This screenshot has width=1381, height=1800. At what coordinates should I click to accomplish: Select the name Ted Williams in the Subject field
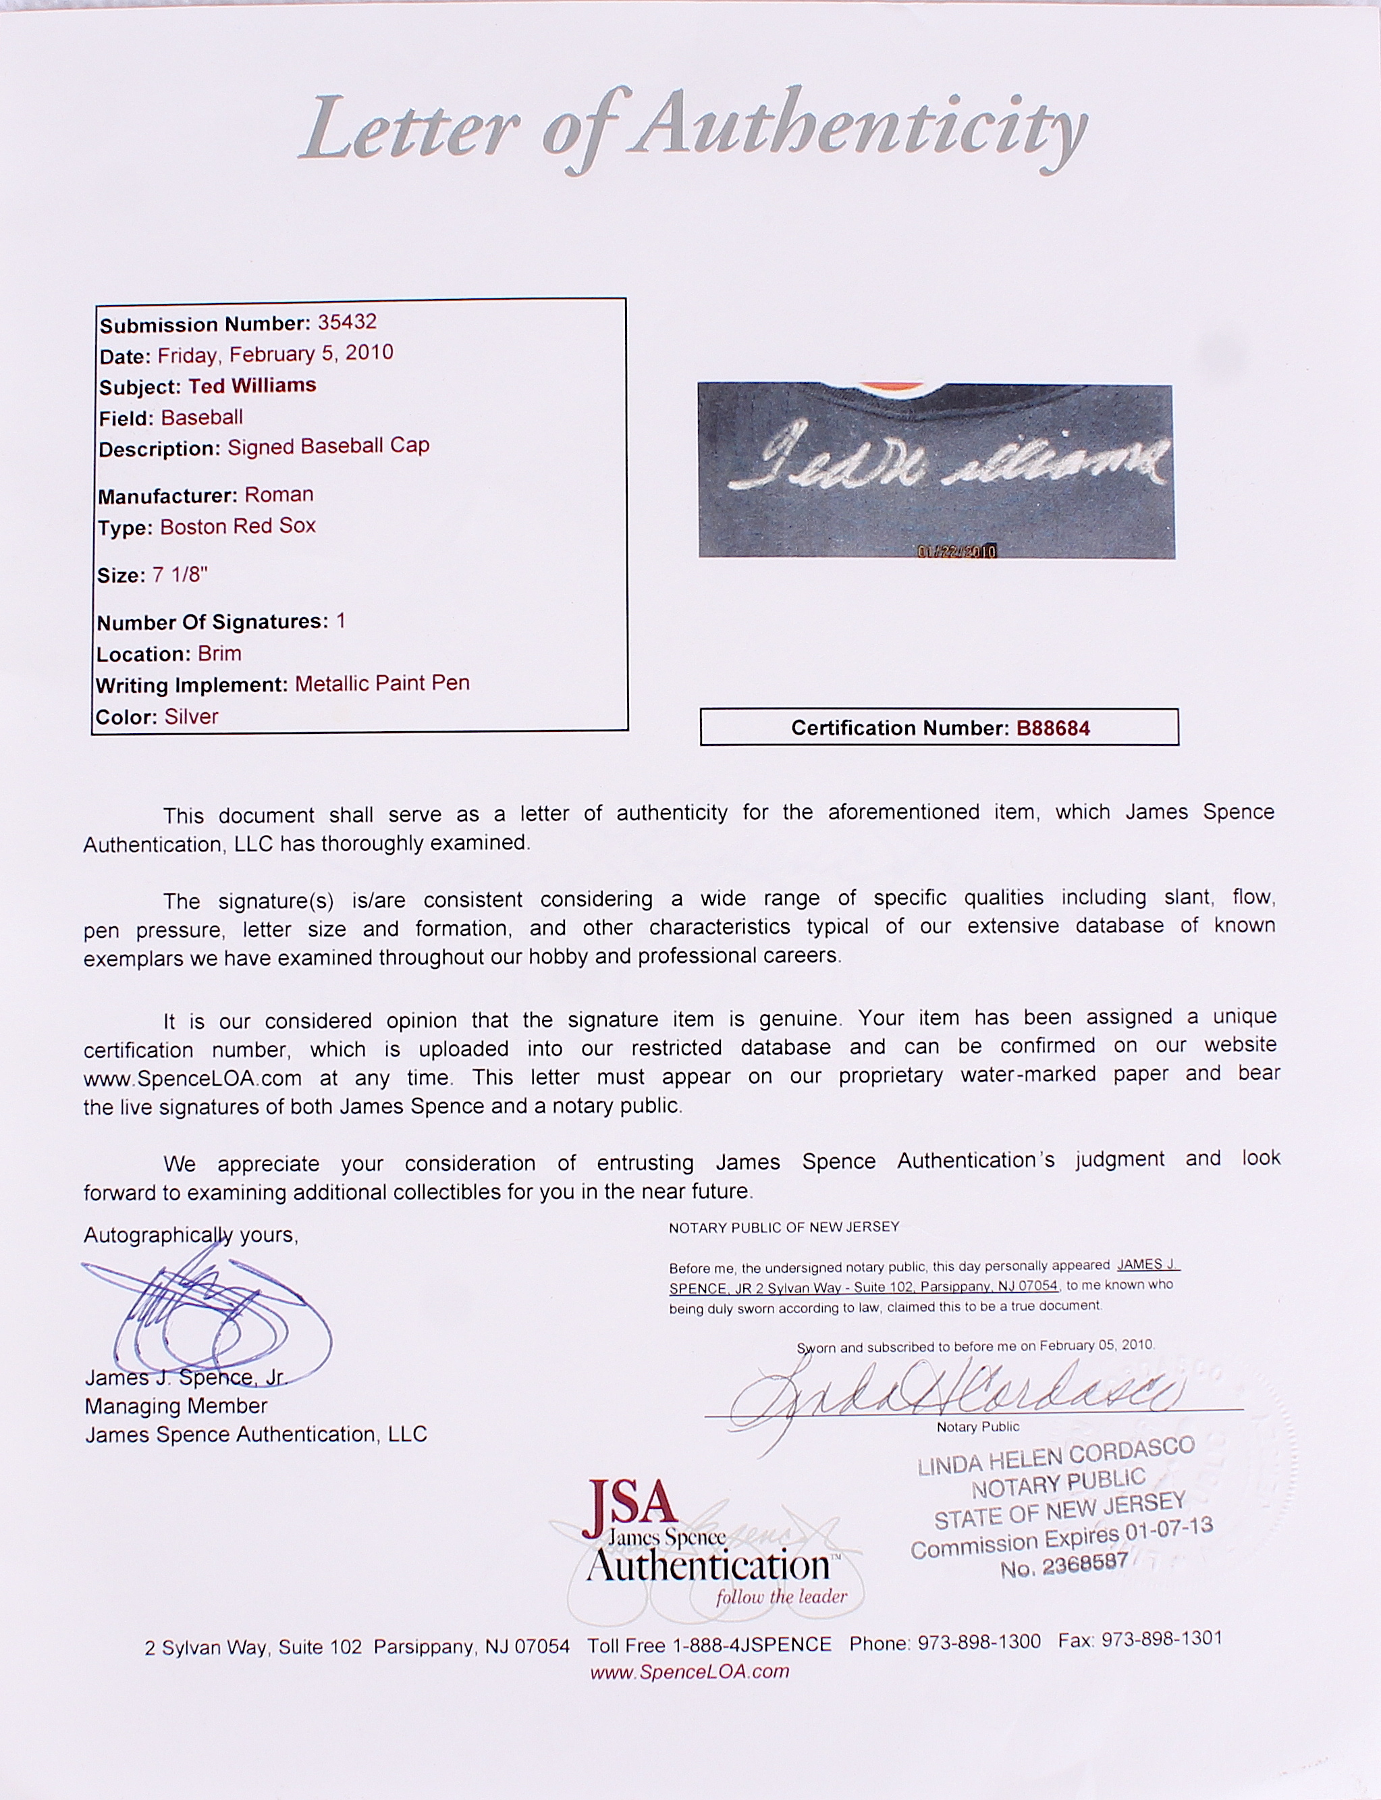point(252,386)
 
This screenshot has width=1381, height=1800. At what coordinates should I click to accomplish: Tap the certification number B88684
point(1053,728)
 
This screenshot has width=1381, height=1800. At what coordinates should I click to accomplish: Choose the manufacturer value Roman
point(279,495)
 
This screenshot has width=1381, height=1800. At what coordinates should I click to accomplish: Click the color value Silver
point(191,717)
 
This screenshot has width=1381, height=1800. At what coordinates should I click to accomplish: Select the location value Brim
point(219,654)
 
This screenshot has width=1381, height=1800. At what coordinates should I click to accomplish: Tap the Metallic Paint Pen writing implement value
point(382,684)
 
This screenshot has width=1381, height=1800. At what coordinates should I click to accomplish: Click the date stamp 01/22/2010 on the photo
point(956,550)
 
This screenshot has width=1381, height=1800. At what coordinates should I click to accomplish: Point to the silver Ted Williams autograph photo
point(936,471)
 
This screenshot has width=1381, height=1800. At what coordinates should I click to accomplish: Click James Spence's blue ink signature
point(205,1313)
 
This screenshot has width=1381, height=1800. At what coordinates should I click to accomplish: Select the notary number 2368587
point(1085,1566)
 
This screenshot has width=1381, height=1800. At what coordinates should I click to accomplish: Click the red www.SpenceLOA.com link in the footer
point(690,1671)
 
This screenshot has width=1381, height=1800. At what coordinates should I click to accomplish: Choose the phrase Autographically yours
point(190,1235)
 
